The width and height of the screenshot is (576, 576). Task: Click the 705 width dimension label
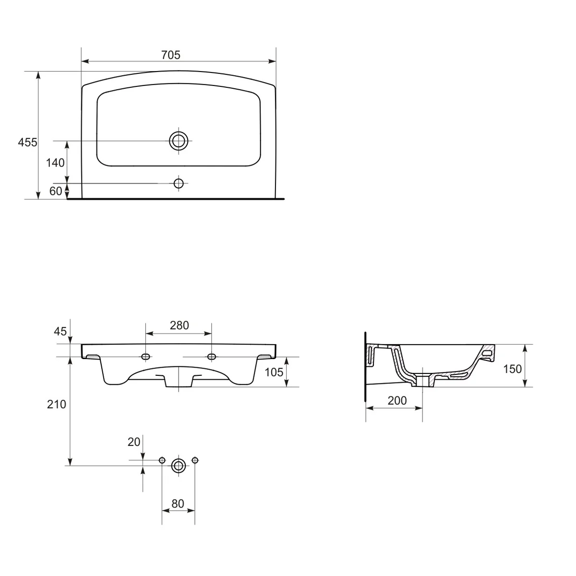pyautogui.click(x=170, y=55)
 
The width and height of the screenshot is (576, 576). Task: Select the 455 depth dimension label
pyautogui.click(x=27, y=142)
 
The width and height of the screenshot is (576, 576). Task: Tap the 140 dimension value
pyautogui.click(x=55, y=163)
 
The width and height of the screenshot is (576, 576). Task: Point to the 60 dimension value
pyautogui.click(x=56, y=191)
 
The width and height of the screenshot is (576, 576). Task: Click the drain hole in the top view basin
pyautogui.click(x=179, y=141)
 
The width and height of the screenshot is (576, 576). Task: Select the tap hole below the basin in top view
pyautogui.click(x=179, y=183)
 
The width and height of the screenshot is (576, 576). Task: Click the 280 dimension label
pyautogui.click(x=179, y=325)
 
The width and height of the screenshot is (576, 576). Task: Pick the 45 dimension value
pyautogui.click(x=60, y=332)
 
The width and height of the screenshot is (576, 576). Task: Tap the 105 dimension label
pyautogui.click(x=274, y=372)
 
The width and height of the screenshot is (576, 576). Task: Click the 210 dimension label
pyautogui.click(x=57, y=405)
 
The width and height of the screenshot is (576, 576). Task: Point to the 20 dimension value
pyautogui.click(x=134, y=442)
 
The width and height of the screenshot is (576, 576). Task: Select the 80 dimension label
pyautogui.click(x=178, y=504)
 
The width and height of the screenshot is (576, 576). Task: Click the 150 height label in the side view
pyautogui.click(x=512, y=369)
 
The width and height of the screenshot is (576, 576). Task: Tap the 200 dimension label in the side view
pyautogui.click(x=397, y=401)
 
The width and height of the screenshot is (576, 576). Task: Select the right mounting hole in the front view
pyautogui.click(x=211, y=356)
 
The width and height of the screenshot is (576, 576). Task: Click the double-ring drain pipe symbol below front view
pyautogui.click(x=179, y=465)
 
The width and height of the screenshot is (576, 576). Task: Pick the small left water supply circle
pyautogui.click(x=162, y=460)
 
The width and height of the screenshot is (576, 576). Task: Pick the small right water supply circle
pyautogui.click(x=194, y=460)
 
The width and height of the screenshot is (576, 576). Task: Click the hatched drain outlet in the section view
pyautogui.click(x=423, y=380)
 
